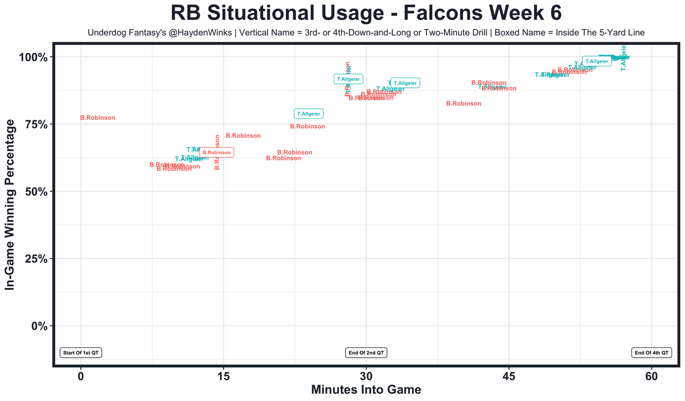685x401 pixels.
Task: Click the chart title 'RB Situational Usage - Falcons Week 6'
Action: coord(366,13)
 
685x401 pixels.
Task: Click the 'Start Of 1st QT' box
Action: coord(81,353)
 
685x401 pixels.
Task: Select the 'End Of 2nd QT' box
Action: coord(366,353)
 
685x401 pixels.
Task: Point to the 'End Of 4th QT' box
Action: coord(651,353)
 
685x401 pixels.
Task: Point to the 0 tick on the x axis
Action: coord(81,376)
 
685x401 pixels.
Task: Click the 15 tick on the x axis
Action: coord(223,376)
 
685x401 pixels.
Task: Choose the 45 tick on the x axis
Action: coord(509,376)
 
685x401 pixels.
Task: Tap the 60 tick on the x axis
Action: coord(651,376)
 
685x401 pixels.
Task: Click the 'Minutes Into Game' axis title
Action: coord(366,390)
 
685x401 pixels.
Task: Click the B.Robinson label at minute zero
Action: coord(97,118)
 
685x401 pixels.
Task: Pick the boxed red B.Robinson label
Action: coord(217,153)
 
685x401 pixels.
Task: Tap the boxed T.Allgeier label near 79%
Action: coord(309,114)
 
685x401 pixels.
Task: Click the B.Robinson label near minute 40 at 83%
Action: coord(463,104)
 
